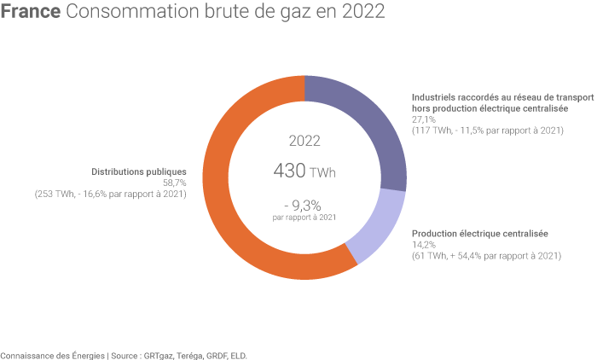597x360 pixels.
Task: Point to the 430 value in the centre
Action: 290,171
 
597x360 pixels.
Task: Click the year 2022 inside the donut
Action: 304,141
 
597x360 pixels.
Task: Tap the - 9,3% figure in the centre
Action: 304,204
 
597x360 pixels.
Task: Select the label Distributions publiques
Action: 138,171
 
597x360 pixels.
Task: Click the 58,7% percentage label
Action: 174,183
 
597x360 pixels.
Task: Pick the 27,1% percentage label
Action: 423,120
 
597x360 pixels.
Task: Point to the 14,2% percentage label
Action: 423,245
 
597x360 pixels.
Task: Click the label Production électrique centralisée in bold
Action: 479,234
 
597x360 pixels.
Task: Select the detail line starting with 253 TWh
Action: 110,194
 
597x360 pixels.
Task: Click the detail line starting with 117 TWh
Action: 487,131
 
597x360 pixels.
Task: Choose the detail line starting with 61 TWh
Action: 486,256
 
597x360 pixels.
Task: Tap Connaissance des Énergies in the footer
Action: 51,355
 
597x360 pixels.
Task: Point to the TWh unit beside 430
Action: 323,173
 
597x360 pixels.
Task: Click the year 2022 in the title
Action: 362,13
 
